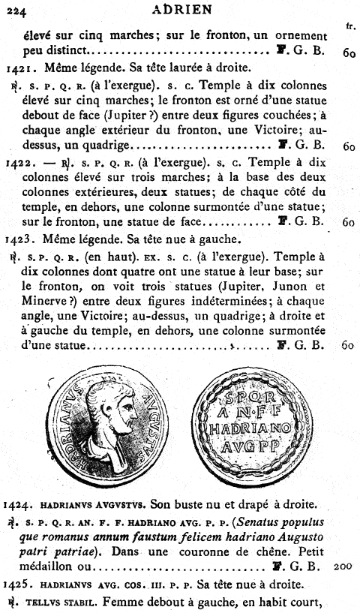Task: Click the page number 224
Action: tap(16, 9)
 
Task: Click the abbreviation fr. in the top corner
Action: tap(349, 27)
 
